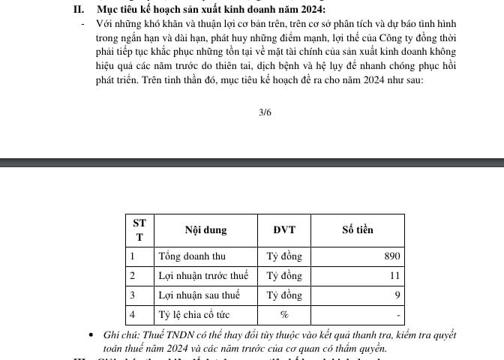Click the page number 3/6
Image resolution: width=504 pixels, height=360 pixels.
pos(264,113)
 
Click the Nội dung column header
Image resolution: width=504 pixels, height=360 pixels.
pos(205,230)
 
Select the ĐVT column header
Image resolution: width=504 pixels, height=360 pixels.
pos(284,230)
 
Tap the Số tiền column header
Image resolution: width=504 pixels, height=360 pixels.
pos(357,230)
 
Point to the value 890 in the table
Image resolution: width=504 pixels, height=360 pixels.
pos(392,256)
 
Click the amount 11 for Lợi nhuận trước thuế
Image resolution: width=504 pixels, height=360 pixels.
pos(395,276)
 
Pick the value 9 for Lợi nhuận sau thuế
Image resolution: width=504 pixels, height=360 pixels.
pos(397,295)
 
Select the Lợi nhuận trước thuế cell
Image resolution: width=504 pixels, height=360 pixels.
pos(202,276)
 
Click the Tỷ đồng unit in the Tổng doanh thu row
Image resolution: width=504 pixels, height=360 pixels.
pos(284,256)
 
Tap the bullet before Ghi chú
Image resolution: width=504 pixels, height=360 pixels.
pos(91,334)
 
